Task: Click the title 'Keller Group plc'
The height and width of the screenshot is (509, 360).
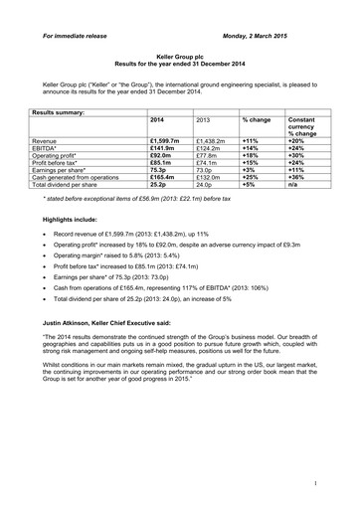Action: click(x=179, y=60)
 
